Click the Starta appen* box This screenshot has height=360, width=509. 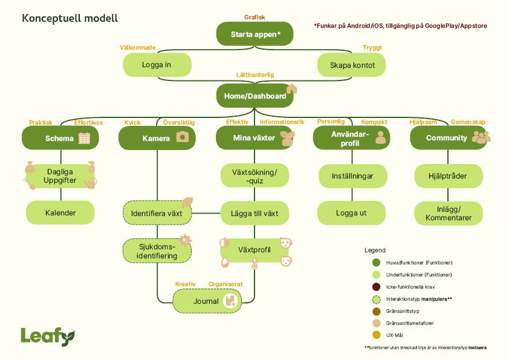click(x=254, y=34)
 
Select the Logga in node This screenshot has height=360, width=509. click(x=157, y=65)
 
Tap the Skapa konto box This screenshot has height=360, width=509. click(x=352, y=65)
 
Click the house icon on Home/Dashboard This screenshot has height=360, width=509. click(x=291, y=90)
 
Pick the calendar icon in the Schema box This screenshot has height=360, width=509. click(x=84, y=138)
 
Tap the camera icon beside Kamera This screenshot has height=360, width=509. click(x=182, y=137)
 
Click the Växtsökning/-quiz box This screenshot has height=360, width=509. click(x=254, y=175)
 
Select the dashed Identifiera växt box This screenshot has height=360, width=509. click(x=157, y=213)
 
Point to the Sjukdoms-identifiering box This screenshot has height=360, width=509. click(x=157, y=251)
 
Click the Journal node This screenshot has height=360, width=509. click(x=206, y=301)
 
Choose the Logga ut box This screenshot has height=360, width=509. click(x=352, y=213)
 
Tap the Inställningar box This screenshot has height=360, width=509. click(x=352, y=176)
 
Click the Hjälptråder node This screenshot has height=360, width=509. click(x=448, y=176)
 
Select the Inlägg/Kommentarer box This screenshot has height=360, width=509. click(x=448, y=213)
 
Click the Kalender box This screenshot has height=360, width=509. click(x=60, y=213)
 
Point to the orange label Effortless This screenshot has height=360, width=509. click(x=89, y=122)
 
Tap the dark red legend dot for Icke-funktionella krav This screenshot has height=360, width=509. click(x=376, y=287)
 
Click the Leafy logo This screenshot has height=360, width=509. click(x=48, y=336)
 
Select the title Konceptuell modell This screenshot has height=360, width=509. click(x=70, y=18)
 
